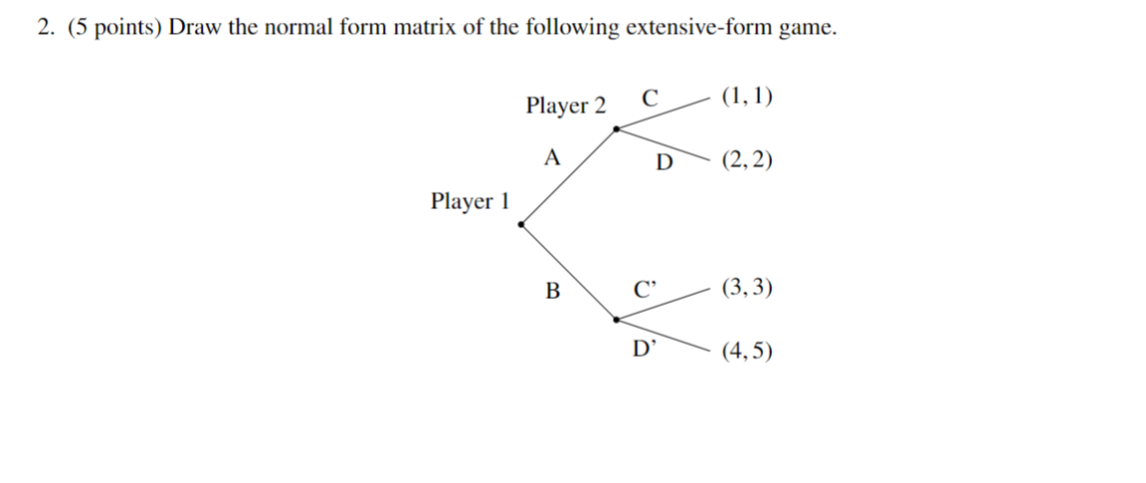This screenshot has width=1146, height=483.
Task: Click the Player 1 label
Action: click(470, 202)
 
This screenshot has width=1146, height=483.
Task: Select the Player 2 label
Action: click(565, 106)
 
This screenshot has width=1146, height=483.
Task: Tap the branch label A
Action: click(553, 157)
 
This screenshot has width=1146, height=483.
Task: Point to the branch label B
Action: click(553, 291)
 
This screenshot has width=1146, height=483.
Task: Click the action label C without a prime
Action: click(650, 99)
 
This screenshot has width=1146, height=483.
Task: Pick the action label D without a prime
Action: click(664, 162)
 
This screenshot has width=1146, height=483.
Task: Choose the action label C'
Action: click(646, 291)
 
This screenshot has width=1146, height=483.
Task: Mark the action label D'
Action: click(646, 348)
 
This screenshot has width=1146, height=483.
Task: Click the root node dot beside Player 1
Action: click(521, 224)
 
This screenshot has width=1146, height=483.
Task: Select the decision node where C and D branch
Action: click(617, 128)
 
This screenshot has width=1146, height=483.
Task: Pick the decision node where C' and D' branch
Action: click(617, 320)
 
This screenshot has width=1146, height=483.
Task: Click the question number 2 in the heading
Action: click(46, 28)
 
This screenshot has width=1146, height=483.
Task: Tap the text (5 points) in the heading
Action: click(114, 28)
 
